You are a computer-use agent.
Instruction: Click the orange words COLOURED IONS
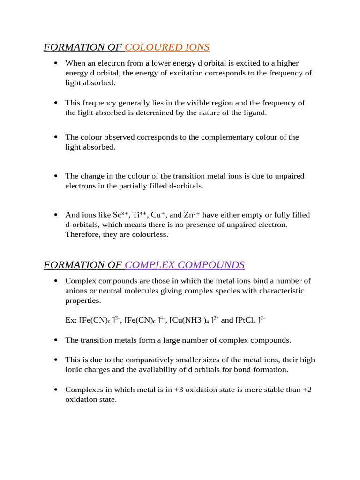(x=167, y=47)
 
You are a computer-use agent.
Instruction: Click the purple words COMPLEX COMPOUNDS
(x=185, y=265)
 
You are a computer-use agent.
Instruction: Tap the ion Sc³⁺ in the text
(x=121, y=215)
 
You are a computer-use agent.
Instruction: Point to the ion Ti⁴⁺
(x=140, y=215)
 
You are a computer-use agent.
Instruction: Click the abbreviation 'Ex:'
(x=71, y=320)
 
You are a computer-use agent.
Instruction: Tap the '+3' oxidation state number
(x=179, y=390)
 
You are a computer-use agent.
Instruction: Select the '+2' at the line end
(x=307, y=390)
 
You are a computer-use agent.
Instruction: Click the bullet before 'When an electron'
(x=56, y=63)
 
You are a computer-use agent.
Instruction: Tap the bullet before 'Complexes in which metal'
(x=56, y=390)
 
